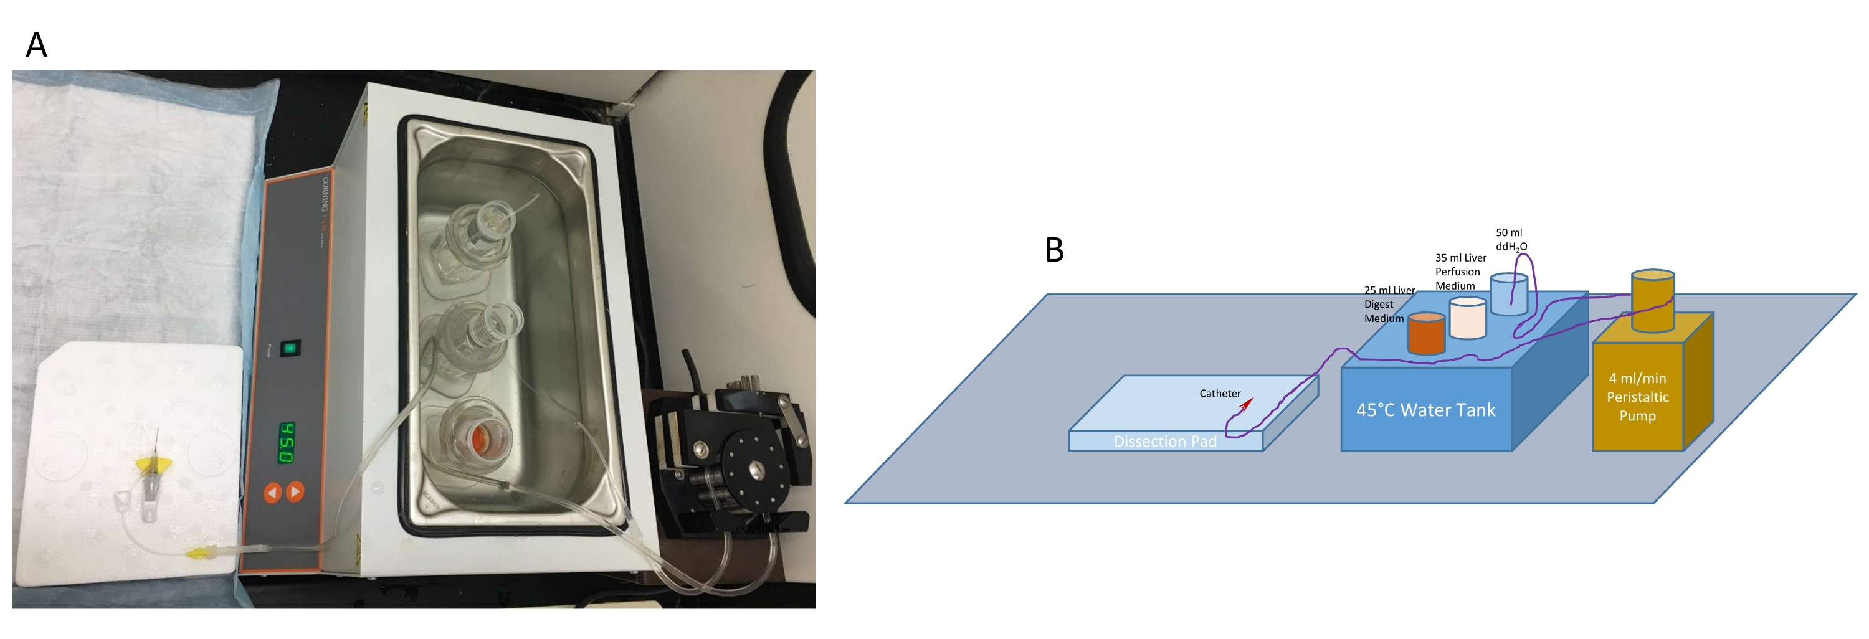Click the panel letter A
click(36, 45)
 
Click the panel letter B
click(1053, 250)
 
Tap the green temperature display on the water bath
click(287, 442)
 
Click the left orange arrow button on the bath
click(272, 493)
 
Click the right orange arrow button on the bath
click(295, 492)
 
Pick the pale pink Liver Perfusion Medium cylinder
click(1467, 318)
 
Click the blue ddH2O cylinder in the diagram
click(1508, 294)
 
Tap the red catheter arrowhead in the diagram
click(1246, 404)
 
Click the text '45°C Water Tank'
click(1425, 410)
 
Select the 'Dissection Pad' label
click(1164, 441)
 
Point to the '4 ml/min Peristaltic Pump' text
click(1637, 397)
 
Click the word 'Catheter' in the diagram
click(1220, 393)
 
